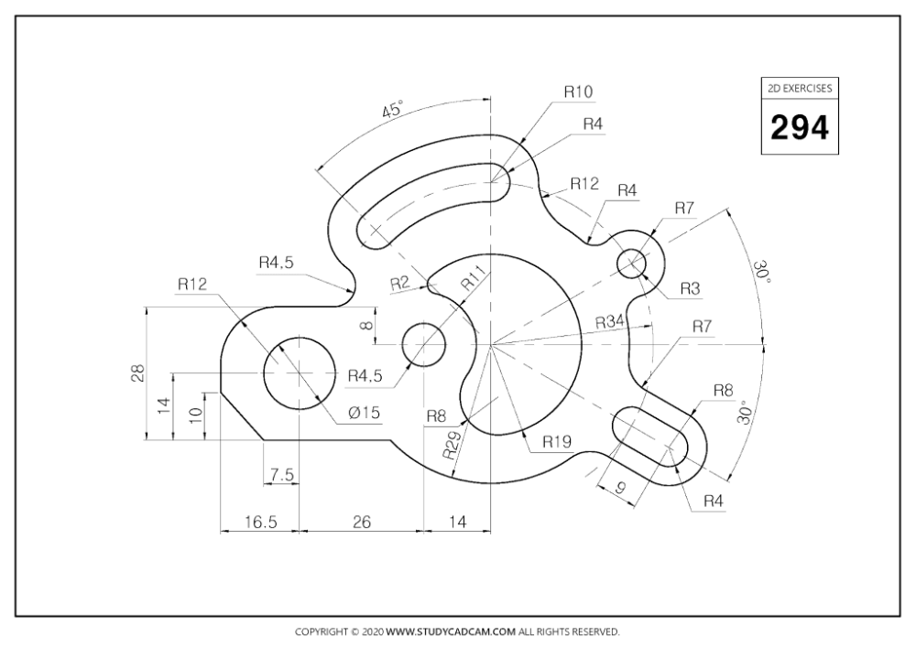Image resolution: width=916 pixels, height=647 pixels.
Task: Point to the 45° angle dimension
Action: [393, 111]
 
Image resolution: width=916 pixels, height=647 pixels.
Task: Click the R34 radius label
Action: [609, 322]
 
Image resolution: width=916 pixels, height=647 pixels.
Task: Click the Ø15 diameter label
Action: [364, 413]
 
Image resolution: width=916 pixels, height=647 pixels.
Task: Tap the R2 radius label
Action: [399, 283]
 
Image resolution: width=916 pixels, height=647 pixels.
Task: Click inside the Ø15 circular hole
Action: [300, 372]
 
